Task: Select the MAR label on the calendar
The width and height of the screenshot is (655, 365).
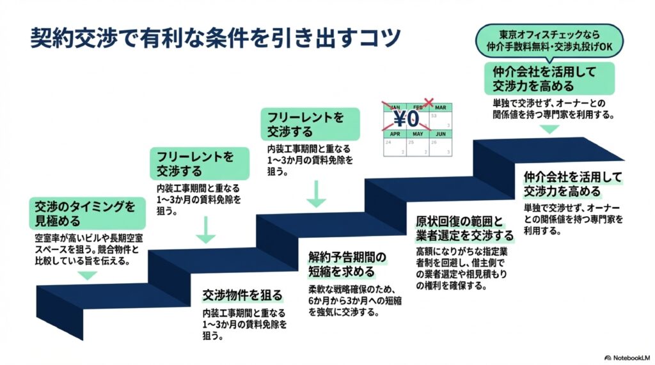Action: pos(440,107)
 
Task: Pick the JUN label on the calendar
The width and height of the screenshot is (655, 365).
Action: pos(440,134)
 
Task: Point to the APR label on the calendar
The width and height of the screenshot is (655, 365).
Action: pos(395,134)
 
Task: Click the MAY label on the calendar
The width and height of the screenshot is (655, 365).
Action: pos(418,134)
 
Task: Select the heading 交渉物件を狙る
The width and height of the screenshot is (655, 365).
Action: pos(242,295)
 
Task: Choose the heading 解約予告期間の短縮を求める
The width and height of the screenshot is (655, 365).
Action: pos(347,263)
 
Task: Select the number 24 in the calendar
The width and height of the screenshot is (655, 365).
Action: pos(388,143)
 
